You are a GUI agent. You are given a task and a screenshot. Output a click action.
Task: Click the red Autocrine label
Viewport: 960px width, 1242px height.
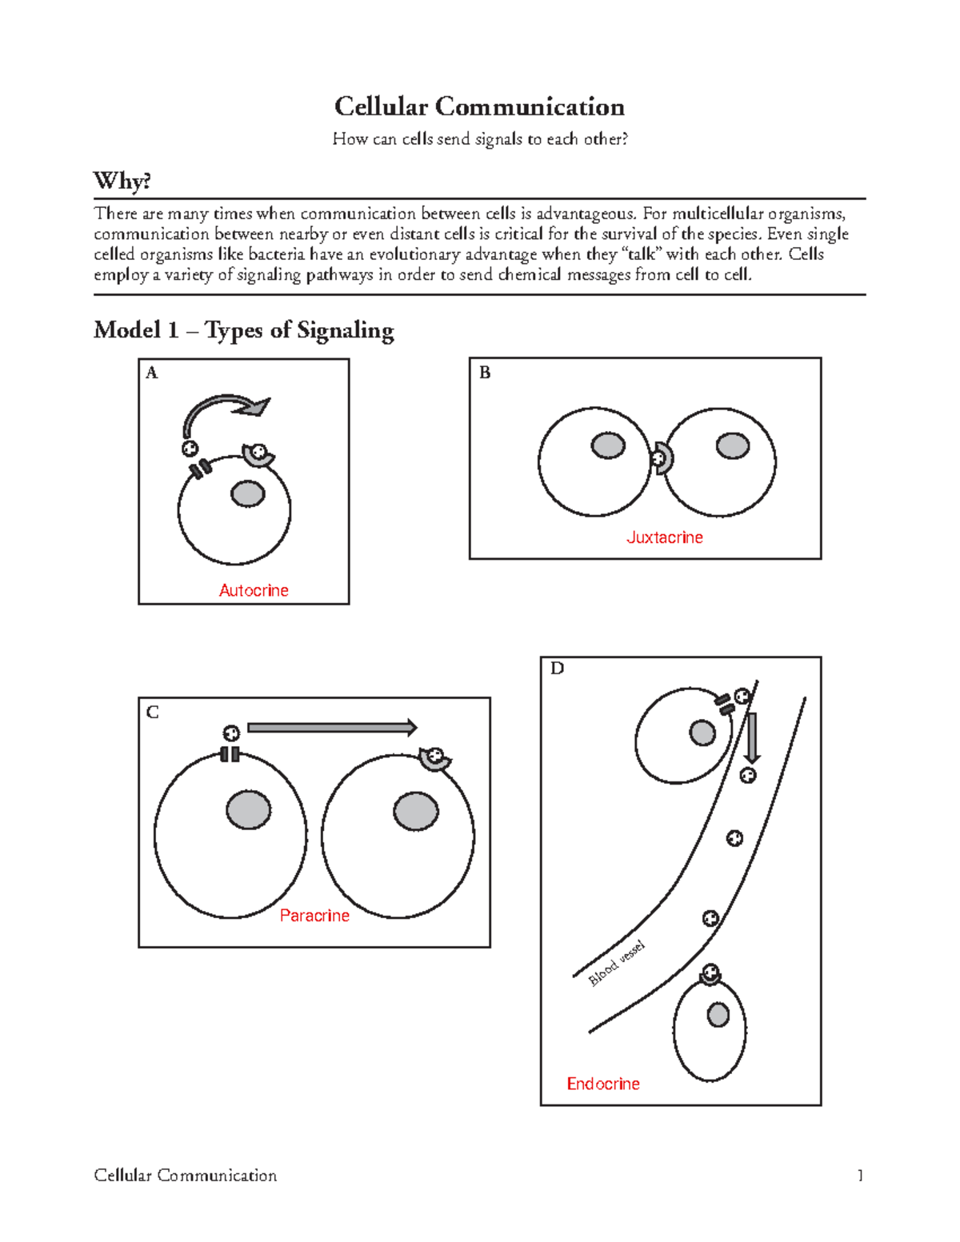254,590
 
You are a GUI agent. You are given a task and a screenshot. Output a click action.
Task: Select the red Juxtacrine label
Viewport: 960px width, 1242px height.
664,537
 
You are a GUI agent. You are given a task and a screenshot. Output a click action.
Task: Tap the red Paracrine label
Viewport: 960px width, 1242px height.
314,916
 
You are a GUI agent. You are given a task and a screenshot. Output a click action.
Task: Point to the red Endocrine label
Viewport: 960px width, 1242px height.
603,1084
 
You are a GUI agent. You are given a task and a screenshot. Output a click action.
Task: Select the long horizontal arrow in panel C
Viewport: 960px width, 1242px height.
332,727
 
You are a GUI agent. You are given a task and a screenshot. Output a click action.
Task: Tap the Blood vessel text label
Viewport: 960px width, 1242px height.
616,964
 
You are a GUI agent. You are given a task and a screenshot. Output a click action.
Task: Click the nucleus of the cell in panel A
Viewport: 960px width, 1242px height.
248,494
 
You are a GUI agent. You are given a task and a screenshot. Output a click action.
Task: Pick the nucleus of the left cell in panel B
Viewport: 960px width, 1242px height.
608,445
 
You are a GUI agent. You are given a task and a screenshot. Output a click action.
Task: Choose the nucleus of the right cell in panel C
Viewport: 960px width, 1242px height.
416,812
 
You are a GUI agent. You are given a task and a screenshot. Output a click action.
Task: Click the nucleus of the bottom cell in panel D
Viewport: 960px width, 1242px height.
718,1015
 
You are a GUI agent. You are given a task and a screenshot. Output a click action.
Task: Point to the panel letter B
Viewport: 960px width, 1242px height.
485,373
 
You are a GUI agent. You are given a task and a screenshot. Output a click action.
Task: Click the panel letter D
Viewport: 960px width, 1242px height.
557,669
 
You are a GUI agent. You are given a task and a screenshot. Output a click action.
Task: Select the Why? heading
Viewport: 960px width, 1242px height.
122,181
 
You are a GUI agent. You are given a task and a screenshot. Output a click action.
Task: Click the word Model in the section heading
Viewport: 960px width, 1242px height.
126,329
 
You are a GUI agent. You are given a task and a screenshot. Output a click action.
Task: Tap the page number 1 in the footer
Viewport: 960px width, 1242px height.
860,1175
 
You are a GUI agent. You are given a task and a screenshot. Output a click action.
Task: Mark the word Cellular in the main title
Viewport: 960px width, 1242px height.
381,106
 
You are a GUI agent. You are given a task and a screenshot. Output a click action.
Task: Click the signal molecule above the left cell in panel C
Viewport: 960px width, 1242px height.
231,733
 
